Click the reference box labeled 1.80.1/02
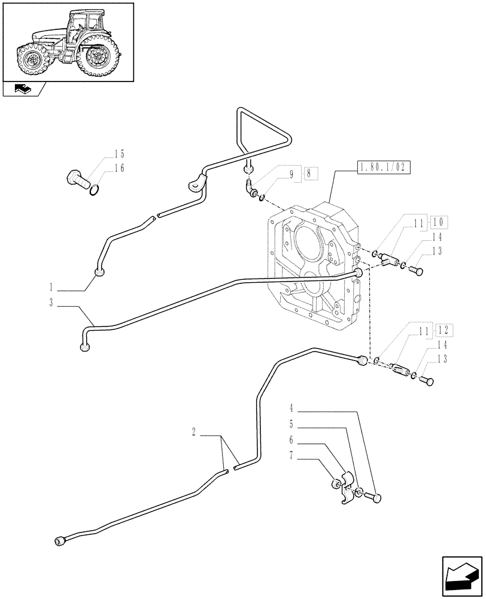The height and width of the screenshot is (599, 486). click(383, 168)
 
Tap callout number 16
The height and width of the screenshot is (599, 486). click(119, 168)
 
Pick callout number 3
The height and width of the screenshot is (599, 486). click(52, 303)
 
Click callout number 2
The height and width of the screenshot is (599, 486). click(195, 431)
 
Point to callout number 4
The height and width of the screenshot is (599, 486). click(291, 409)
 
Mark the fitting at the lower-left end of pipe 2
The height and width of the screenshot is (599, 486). click(60, 541)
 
